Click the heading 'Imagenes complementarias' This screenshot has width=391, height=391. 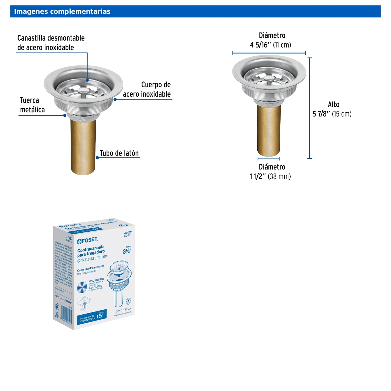[62, 11]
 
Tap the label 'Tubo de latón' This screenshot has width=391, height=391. [119, 153]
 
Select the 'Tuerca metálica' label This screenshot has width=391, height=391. [32, 105]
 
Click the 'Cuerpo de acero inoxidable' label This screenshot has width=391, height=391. [147, 89]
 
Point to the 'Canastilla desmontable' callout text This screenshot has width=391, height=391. [51, 43]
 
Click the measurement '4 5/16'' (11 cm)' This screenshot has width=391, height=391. [270, 45]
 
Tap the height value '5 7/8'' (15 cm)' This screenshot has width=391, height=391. [332, 114]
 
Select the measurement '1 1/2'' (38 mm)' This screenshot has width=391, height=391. [270, 176]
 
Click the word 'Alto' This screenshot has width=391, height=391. [333, 104]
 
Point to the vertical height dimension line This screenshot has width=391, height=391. [310, 108]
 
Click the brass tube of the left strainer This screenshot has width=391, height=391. [83, 146]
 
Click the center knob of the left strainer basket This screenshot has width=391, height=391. [84, 90]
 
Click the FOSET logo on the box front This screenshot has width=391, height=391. [88, 240]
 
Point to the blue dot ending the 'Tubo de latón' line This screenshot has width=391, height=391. [97, 158]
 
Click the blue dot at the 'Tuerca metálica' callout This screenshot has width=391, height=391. [65, 115]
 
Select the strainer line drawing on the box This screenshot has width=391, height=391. [119, 284]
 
